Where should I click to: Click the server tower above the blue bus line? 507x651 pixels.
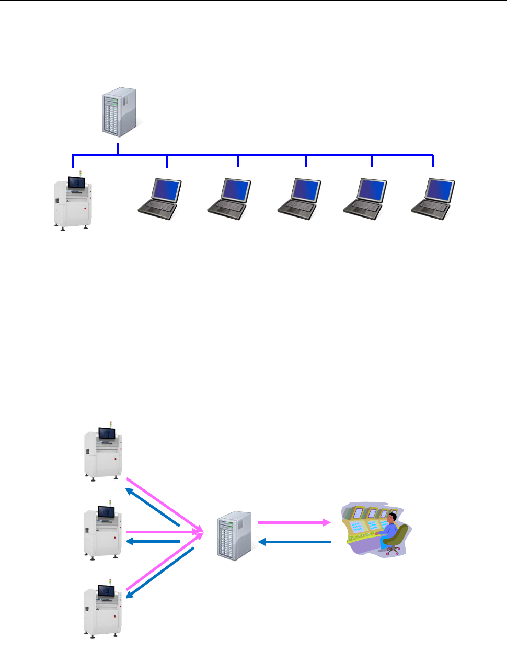click(119, 112)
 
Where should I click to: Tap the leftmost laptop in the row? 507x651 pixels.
click(160, 199)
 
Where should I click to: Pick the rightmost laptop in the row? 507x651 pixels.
click(433, 199)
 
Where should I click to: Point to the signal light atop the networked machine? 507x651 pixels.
click(80, 173)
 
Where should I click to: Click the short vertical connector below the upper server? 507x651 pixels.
click(118, 149)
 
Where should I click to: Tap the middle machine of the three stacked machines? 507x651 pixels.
click(103, 532)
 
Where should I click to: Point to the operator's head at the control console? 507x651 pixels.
click(393, 518)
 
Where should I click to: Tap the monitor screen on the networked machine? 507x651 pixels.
click(76, 182)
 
